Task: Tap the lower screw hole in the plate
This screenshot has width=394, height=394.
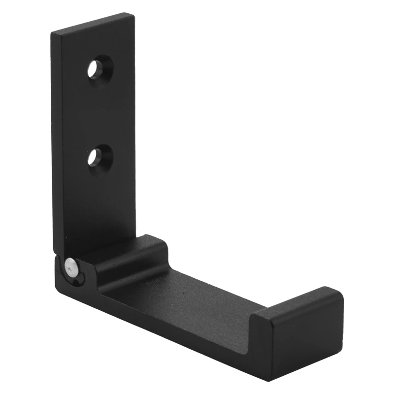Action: (100, 157)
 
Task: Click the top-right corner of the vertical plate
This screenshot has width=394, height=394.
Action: (133, 15)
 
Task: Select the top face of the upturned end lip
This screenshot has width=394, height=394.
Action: (295, 300)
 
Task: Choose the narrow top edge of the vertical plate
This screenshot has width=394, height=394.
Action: (94, 23)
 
